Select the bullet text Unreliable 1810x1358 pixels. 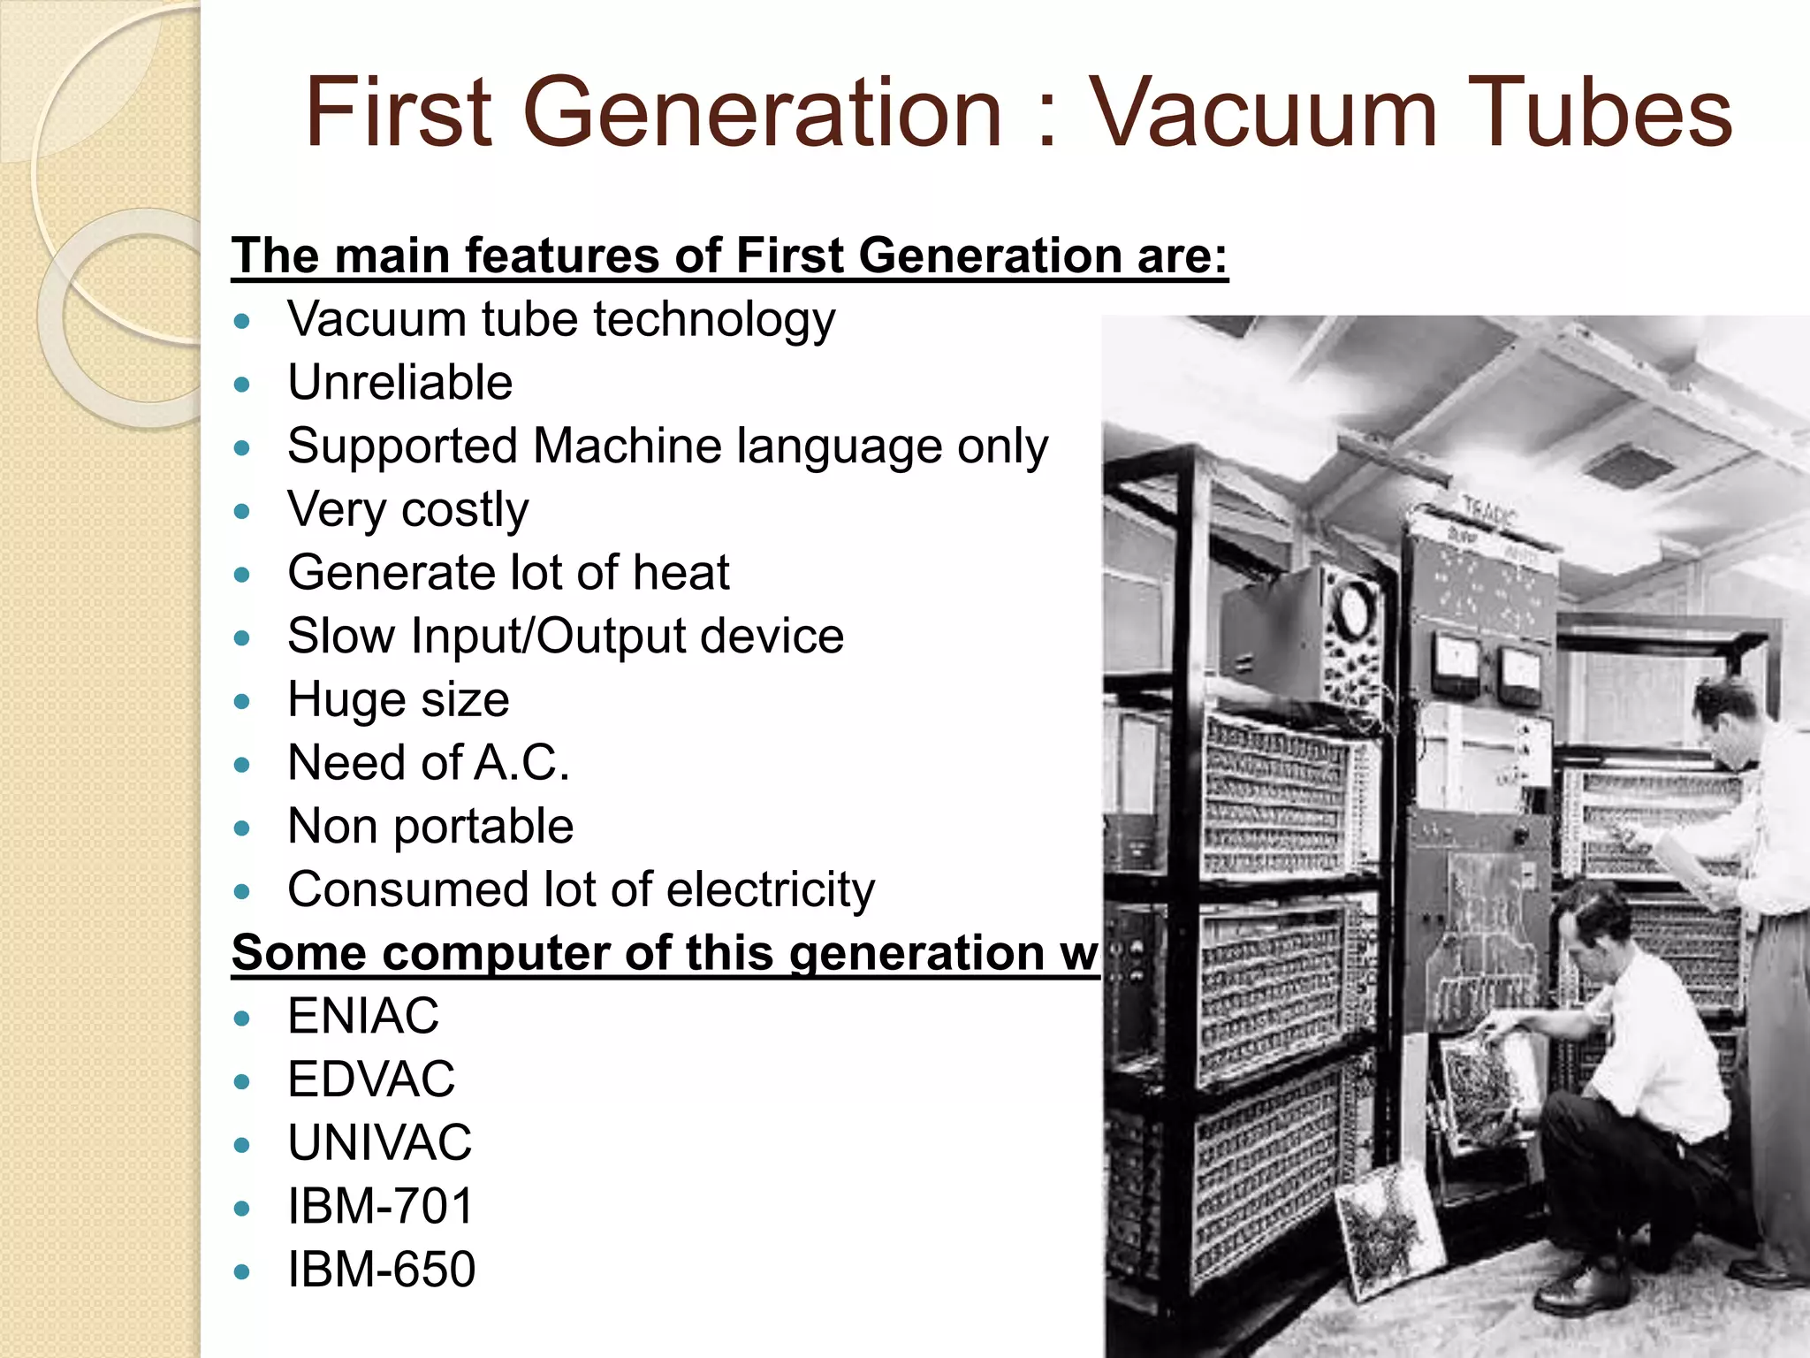coord(399,383)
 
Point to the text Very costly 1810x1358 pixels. coord(407,510)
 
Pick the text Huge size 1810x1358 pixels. coord(398,700)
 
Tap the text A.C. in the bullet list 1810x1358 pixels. coord(521,763)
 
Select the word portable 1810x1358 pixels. coord(483,827)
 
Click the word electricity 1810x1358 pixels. coord(770,889)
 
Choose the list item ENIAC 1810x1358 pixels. coord(362,1016)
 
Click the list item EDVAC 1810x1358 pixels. coord(371,1080)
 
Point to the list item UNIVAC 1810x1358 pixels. coord(379,1142)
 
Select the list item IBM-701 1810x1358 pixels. coord(381,1206)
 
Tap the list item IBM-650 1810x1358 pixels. coord(381,1270)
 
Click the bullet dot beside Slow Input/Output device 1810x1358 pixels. coord(242,637)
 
